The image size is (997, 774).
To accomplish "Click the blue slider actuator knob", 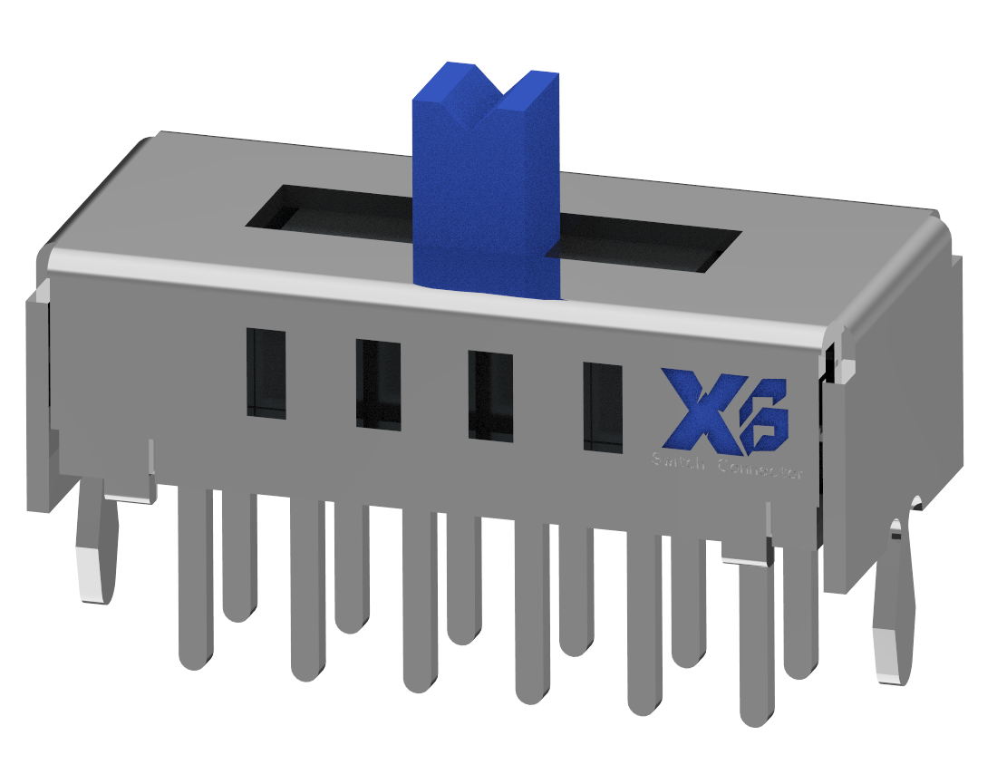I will (x=485, y=199).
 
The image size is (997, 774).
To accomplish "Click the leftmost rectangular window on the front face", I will (x=266, y=373).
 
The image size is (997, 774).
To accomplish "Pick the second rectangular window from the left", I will (x=378, y=384).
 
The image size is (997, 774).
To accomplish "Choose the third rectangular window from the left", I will (x=490, y=396).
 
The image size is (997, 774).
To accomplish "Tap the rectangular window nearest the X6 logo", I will (x=603, y=407).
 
